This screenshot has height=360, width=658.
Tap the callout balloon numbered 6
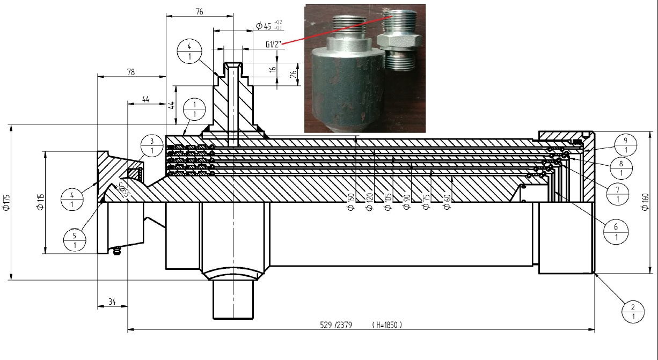(616, 232)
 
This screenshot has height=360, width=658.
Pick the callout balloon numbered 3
(152, 145)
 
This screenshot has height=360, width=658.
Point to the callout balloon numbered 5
(74, 240)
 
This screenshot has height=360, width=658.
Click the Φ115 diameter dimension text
(39, 201)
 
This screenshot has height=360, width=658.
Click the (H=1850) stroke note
(386, 325)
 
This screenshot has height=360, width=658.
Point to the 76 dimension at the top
(199, 11)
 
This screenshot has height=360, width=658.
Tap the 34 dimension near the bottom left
(112, 302)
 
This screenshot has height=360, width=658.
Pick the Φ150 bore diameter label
(351, 203)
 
